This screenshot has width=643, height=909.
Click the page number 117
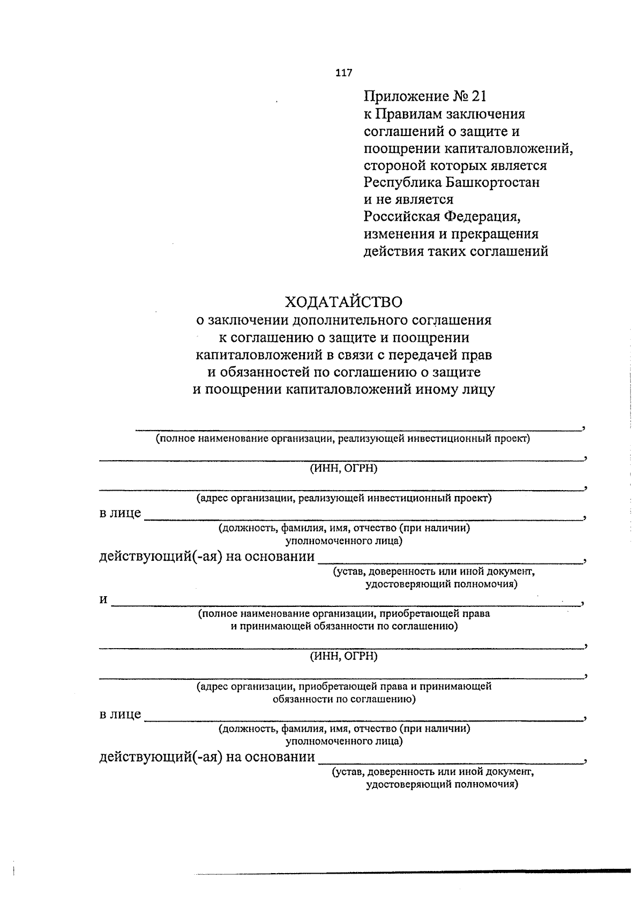(344, 73)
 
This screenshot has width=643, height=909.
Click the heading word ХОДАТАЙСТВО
(343, 302)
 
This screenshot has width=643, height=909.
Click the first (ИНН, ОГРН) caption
(343, 469)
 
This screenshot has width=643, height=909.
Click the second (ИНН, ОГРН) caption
(343, 656)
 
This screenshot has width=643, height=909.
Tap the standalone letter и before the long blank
(103, 600)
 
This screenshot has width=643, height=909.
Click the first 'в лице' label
(120, 513)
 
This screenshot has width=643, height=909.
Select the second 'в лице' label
(120, 715)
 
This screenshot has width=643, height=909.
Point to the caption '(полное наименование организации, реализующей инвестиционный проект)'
(343, 439)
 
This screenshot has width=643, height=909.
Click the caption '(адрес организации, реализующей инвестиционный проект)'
(343, 498)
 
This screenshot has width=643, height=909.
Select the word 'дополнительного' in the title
(350, 320)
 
